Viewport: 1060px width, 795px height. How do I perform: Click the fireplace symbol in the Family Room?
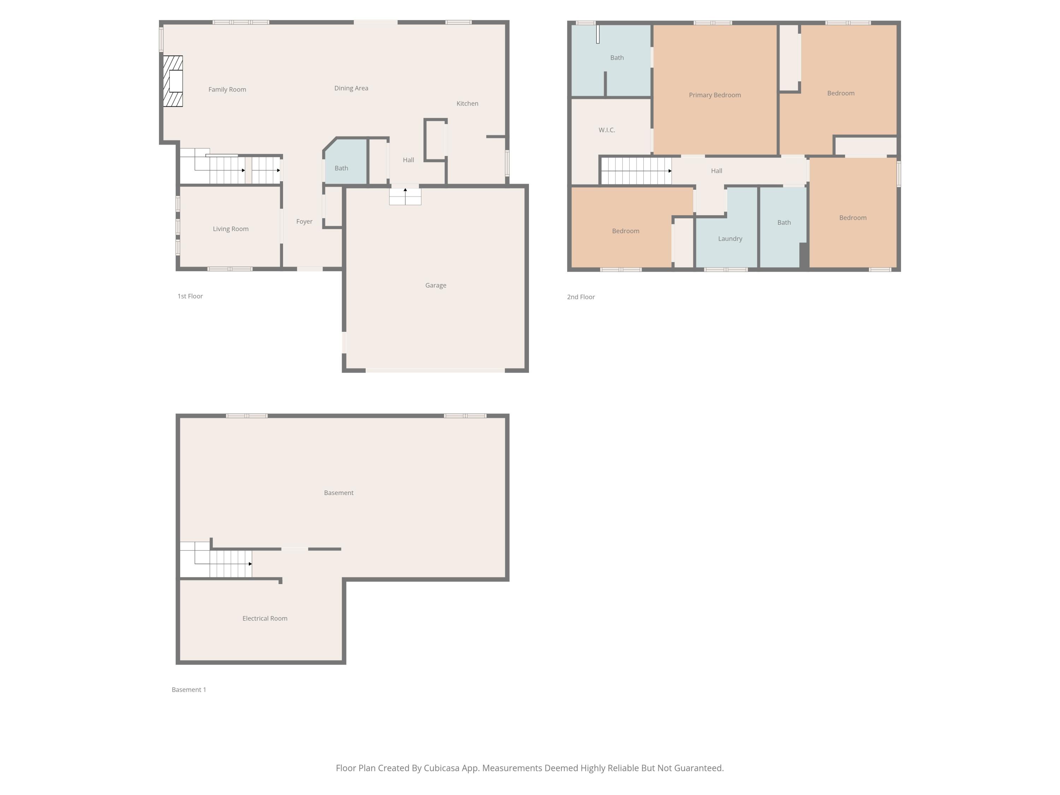pos(173,81)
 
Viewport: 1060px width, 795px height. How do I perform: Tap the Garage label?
pos(436,285)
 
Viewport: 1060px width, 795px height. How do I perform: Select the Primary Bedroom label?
pos(714,95)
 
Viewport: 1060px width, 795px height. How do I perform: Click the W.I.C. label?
pos(607,130)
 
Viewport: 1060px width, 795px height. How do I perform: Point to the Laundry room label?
pos(730,238)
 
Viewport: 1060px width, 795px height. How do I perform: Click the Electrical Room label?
pos(265,619)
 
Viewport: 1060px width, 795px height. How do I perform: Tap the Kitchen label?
pos(467,104)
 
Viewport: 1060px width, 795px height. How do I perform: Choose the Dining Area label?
pos(351,88)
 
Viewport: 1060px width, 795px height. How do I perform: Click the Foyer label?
pos(304,222)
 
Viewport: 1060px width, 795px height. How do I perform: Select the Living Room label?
pos(230,229)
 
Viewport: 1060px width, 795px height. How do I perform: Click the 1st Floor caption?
pos(190,296)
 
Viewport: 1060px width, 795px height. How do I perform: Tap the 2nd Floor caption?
pos(581,297)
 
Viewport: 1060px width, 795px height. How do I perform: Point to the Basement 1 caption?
pos(189,690)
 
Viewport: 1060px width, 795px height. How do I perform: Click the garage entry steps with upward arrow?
pos(405,196)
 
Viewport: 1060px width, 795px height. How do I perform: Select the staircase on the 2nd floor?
pos(636,171)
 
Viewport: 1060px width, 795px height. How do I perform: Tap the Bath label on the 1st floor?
pos(341,168)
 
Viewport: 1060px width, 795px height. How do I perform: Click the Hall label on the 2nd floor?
pos(717,171)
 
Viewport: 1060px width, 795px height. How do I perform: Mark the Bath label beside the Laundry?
pos(784,222)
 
